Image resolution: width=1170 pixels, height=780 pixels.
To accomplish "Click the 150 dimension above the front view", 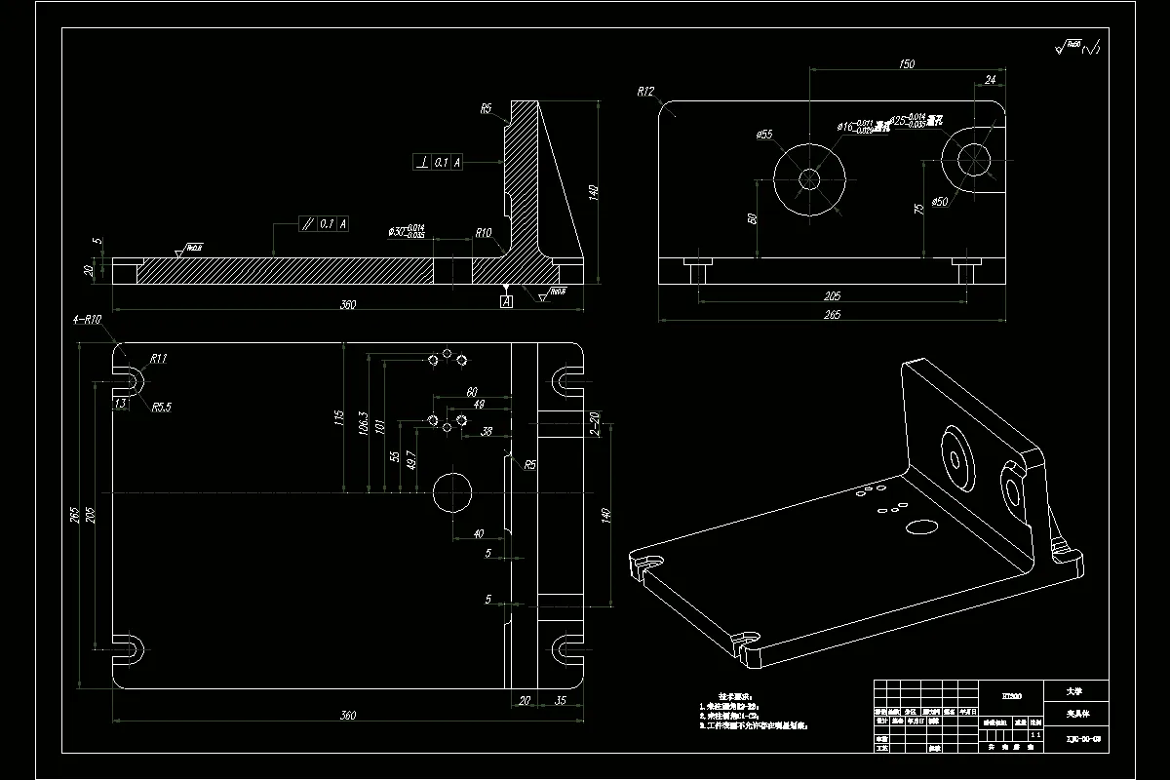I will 906,64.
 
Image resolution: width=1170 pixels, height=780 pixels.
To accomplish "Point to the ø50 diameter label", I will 939,201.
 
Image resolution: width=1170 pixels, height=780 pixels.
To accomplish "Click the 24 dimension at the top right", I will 991,79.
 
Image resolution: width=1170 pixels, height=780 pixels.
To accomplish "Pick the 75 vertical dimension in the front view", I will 917,208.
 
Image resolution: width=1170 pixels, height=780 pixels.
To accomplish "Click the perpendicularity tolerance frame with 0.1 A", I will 439,163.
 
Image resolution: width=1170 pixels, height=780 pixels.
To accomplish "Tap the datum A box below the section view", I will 506,302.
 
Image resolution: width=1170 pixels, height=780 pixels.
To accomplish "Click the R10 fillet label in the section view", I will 483,233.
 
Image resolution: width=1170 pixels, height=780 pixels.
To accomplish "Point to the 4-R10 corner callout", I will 87,320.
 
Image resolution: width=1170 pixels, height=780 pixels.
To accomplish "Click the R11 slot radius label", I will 158,358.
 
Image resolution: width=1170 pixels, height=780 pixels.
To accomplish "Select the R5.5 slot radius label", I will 161,408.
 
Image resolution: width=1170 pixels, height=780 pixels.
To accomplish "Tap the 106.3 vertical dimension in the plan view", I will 364,424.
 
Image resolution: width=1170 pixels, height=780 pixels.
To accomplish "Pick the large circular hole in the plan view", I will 451,492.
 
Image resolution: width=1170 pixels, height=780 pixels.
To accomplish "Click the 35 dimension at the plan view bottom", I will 561,700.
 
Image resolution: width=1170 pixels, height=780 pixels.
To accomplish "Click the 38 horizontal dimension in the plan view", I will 487,431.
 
